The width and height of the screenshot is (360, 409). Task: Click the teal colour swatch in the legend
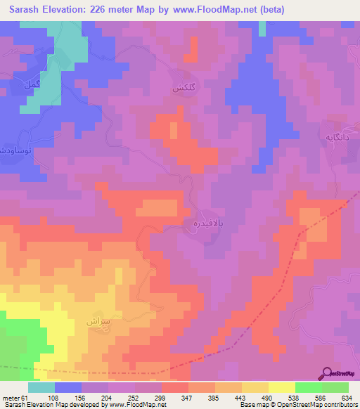pos(41,387)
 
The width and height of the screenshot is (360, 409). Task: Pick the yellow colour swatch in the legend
pos(281,387)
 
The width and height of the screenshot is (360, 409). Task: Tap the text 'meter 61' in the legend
pos(15,398)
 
